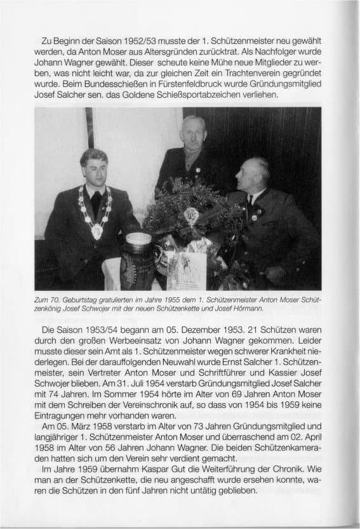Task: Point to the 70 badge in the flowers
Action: tap(191, 216)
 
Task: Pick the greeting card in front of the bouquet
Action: tap(187, 270)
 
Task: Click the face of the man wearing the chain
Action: tap(93, 170)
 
